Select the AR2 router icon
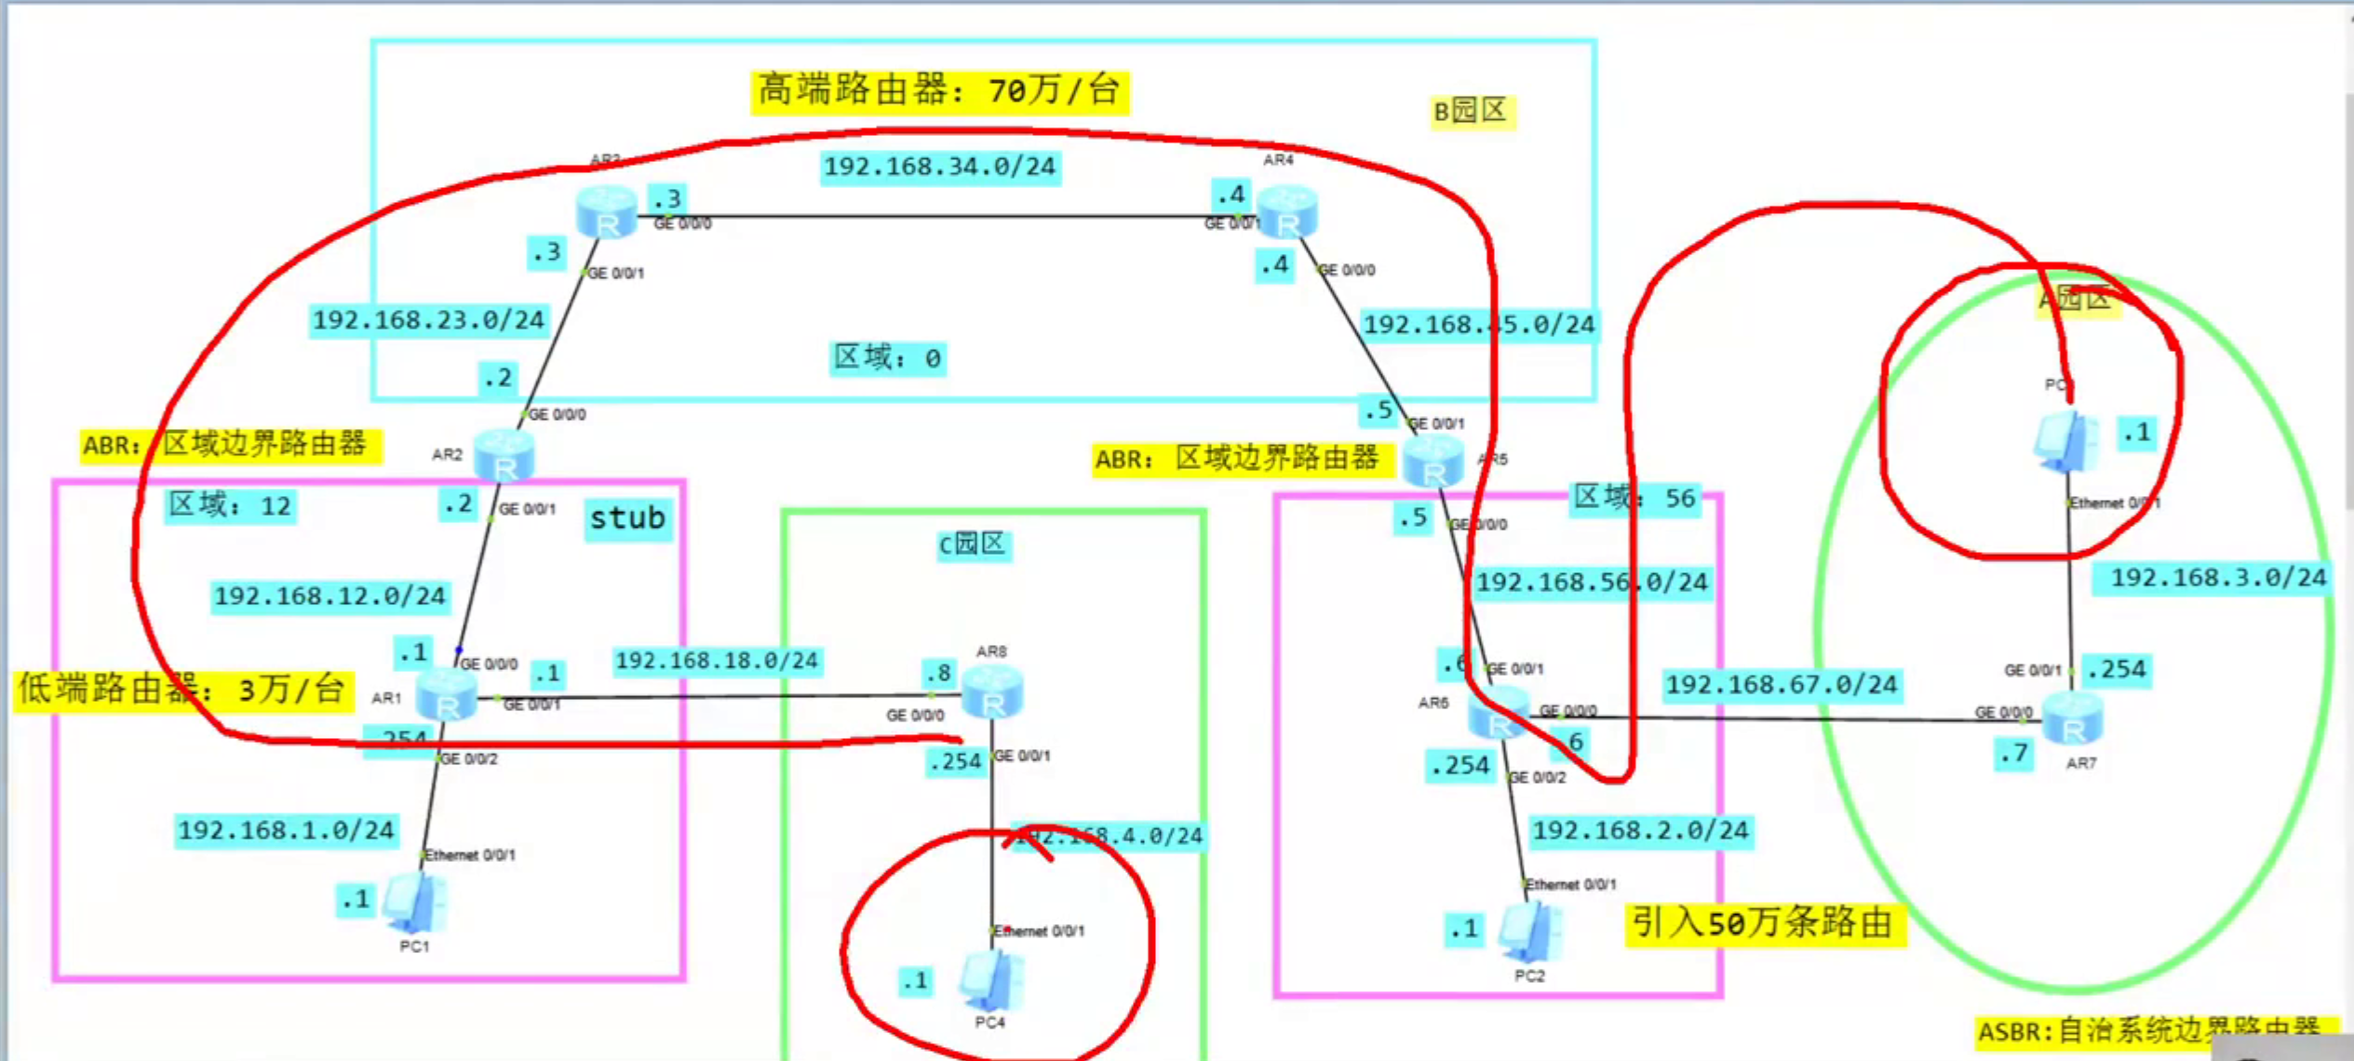(x=504, y=455)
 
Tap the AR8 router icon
(x=992, y=692)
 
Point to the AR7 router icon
(x=2073, y=719)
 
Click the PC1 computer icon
(x=414, y=903)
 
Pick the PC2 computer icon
(x=1529, y=932)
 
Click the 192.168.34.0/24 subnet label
(x=939, y=168)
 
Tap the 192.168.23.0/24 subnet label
(x=428, y=321)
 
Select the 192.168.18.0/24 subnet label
(x=717, y=661)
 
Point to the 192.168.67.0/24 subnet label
(x=1781, y=686)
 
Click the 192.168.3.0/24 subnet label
(x=2217, y=578)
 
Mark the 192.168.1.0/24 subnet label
(x=286, y=830)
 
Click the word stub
(x=627, y=518)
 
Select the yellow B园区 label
(x=1471, y=112)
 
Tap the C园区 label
(x=973, y=544)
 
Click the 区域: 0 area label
(x=887, y=358)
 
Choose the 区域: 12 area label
(x=230, y=506)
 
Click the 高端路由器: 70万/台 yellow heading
(x=939, y=91)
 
